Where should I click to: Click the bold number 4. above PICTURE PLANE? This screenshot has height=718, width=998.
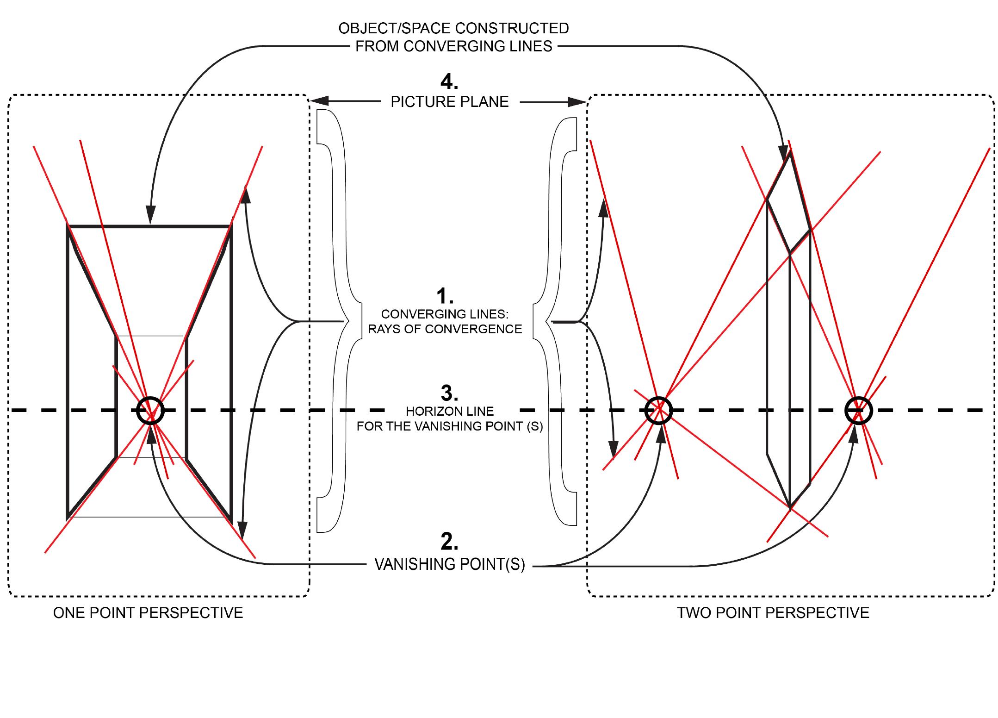pyautogui.click(x=449, y=82)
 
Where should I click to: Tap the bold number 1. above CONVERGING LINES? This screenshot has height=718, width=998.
pyautogui.click(x=445, y=295)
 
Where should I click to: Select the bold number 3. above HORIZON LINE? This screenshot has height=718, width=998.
pyautogui.click(x=449, y=393)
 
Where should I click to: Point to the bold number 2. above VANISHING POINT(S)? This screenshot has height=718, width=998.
pyautogui.click(x=449, y=542)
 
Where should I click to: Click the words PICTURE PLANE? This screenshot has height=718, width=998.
pyautogui.click(x=449, y=102)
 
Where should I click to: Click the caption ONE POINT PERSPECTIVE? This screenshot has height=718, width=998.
pyautogui.click(x=148, y=613)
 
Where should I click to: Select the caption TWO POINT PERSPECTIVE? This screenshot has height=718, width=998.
pyautogui.click(x=773, y=613)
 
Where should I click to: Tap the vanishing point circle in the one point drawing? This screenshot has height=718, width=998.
pyautogui.click(x=151, y=410)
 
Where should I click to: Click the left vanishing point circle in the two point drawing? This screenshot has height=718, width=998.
pyautogui.click(x=658, y=410)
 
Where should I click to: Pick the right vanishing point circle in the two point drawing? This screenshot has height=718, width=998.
pyautogui.click(x=858, y=410)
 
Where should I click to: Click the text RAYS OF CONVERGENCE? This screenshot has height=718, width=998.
pyautogui.click(x=445, y=329)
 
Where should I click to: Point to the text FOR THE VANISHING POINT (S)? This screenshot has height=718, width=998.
pyautogui.click(x=449, y=426)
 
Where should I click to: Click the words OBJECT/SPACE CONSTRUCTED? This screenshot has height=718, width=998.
pyautogui.click(x=453, y=28)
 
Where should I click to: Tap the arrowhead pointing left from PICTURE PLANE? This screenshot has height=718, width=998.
pyautogui.click(x=319, y=101)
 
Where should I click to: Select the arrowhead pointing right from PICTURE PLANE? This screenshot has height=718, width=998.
pyautogui.click(x=578, y=102)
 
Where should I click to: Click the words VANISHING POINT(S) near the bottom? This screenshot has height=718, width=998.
pyautogui.click(x=449, y=565)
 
